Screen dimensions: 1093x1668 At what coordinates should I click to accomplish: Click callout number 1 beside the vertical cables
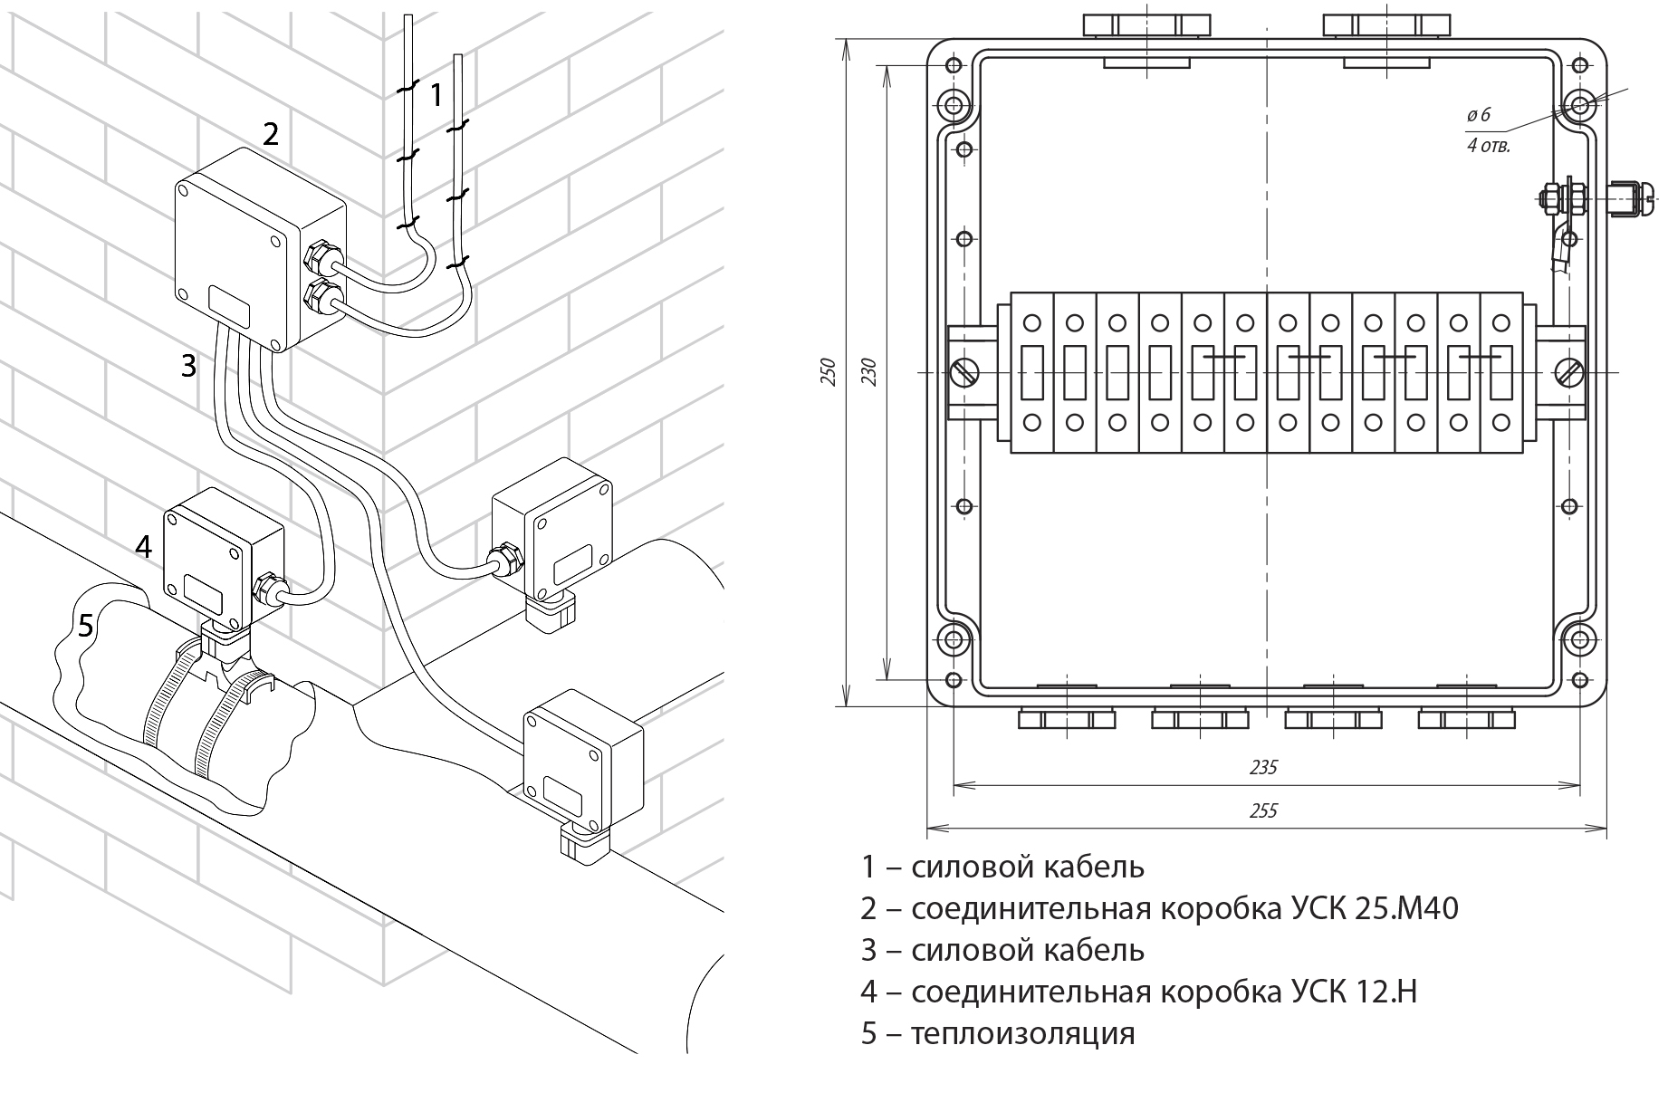tap(436, 94)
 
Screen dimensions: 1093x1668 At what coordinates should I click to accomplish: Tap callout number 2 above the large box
tap(270, 134)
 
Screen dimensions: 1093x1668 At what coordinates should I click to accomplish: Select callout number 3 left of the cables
tap(188, 366)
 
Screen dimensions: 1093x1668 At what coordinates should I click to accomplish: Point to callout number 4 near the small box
tap(143, 547)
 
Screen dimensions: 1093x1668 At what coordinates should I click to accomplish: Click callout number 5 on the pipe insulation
tap(85, 626)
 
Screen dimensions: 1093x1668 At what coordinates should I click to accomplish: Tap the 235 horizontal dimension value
tap(1262, 768)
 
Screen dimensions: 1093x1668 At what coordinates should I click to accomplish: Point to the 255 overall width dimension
tap(1262, 810)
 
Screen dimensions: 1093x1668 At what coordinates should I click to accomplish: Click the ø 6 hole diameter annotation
tap(1478, 115)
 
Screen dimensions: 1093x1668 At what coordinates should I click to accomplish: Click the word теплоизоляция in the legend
tap(1022, 1033)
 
